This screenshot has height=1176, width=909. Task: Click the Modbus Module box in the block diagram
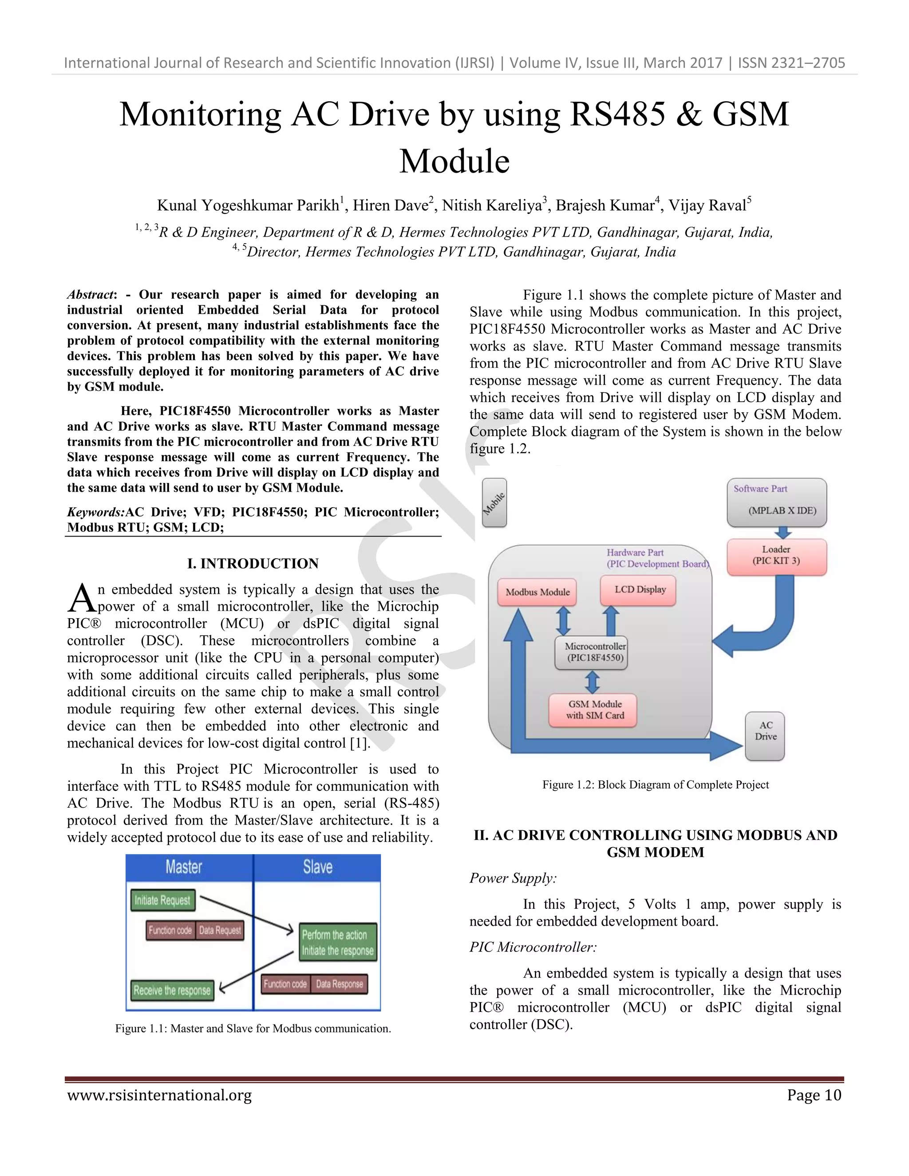pyautogui.click(x=537, y=592)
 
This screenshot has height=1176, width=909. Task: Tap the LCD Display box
pyautogui.click(x=639, y=590)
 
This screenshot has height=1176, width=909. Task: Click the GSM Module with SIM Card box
pyautogui.click(x=594, y=710)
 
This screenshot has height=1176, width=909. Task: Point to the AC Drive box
pyautogui.click(x=765, y=736)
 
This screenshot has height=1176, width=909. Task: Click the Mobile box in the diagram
pyautogui.click(x=494, y=502)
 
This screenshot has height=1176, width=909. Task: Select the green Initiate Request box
pyautogui.click(x=162, y=900)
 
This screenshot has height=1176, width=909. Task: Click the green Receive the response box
pyautogui.click(x=172, y=990)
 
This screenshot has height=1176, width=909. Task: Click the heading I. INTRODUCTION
pyautogui.click(x=253, y=563)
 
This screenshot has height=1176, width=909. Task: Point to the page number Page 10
pyautogui.click(x=813, y=1095)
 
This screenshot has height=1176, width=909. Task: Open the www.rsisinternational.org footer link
pyautogui.click(x=159, y=1095)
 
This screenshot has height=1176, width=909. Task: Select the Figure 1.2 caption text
pyautogui.click(x=655, y=785)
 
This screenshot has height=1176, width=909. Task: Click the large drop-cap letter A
pyautogui.click(x=81, y=599)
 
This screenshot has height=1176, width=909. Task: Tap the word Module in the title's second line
pyautogui.click(x=454, y=161)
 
